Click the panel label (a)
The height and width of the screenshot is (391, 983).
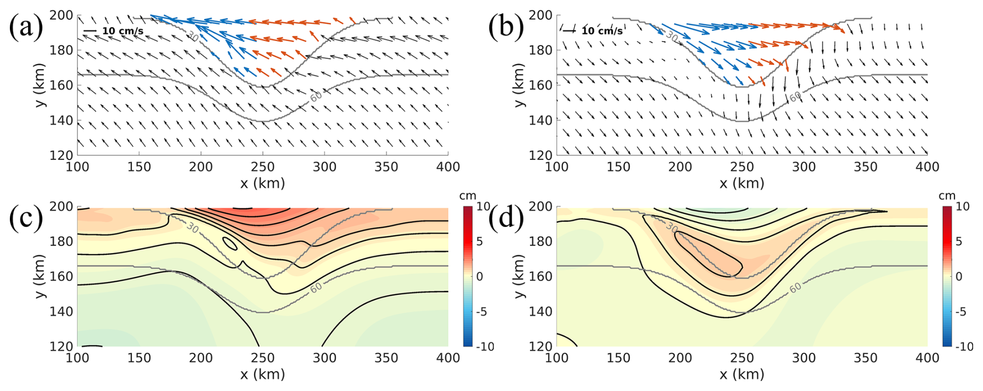coord(26,26)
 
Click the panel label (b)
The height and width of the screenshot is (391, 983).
coord(506,26)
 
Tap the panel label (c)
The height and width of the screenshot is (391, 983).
coord(26,218)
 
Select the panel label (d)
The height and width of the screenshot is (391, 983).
coord(506,218)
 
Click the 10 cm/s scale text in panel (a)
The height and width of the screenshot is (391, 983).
coord(123,31)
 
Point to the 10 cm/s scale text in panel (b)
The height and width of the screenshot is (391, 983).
coord(602,31)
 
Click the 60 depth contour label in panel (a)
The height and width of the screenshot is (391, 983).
coord(315,96)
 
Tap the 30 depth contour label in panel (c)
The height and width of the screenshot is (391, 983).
coord(193,227)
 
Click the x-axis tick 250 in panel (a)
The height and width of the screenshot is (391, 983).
coord(262,167)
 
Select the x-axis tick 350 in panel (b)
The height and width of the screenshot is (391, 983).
coord(866,167)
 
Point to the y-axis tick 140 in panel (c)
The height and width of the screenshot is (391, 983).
coord(61,312)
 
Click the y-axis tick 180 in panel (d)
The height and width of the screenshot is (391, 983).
coord(541,241)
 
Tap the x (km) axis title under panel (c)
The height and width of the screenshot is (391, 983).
coord(262,374)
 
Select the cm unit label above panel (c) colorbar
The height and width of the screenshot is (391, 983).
coord(468,196)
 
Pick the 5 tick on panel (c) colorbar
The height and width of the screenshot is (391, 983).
coord(480,241)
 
